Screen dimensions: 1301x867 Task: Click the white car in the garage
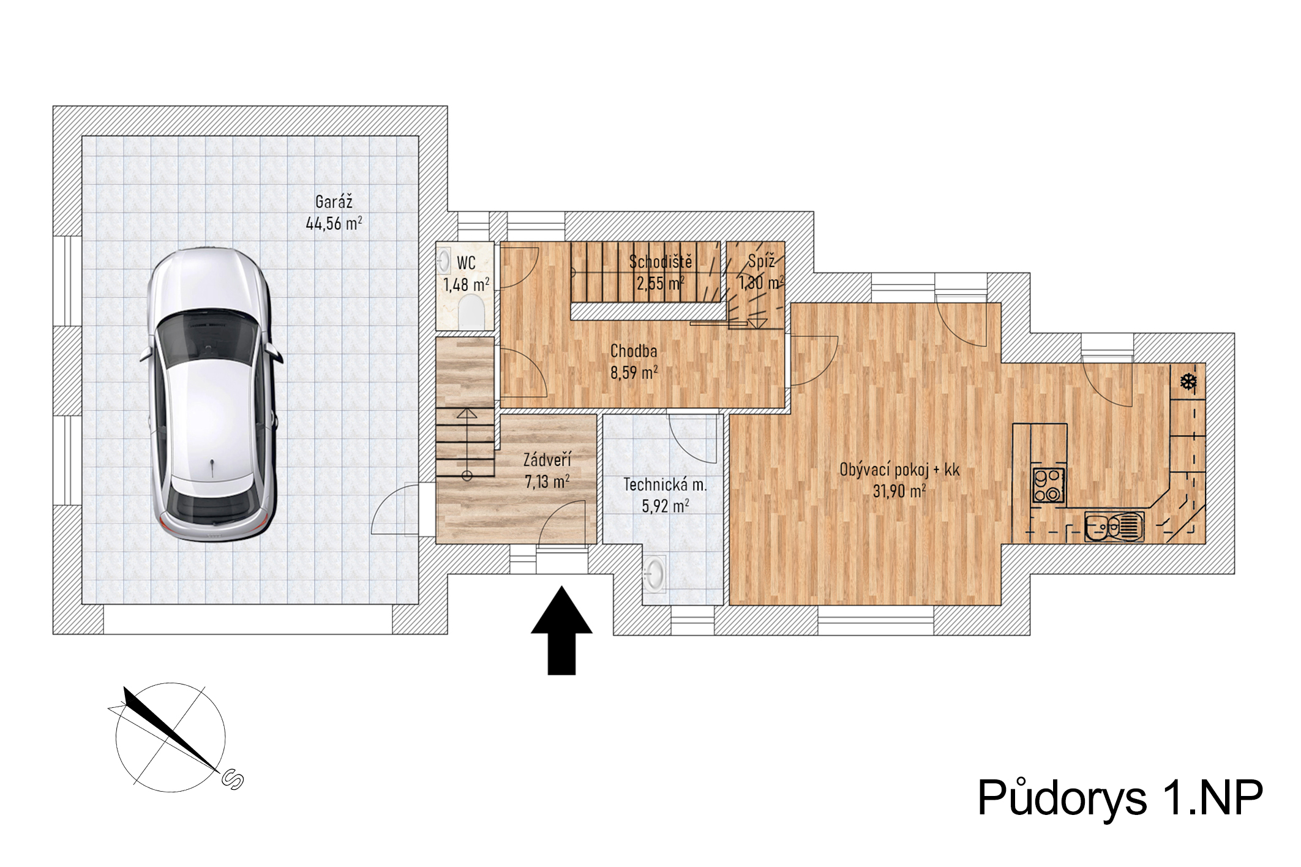click(x=211, y=395)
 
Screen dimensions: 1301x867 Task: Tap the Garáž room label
click(x=334, y=201)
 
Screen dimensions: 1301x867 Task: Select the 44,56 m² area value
click(x=334, y=223)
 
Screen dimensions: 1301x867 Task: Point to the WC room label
click(x=466, y=263)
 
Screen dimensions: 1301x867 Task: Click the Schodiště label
click(x=661, y=262)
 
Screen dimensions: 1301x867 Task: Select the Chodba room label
click(x=634, y=351)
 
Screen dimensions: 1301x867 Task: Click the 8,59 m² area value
click(x=634, y=372)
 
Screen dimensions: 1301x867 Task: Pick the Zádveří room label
click(x=547, y=460)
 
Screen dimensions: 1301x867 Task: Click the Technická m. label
click(x=665, y=485)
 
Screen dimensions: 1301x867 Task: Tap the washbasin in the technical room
click(x=654, y=574)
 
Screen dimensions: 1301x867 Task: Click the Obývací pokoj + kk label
click(x=899, y=470)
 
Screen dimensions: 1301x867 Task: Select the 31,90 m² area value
click(x=899, y=491)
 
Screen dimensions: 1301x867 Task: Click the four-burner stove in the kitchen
click(x=1049, y=486)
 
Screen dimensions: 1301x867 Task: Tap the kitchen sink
click(x=1114, y=527)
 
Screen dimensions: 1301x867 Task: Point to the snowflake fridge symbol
click(x=1188, y=383)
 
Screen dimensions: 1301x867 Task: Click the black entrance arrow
click(x=561, y=631)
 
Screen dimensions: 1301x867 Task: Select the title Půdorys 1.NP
click(x=1120, y=797)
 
